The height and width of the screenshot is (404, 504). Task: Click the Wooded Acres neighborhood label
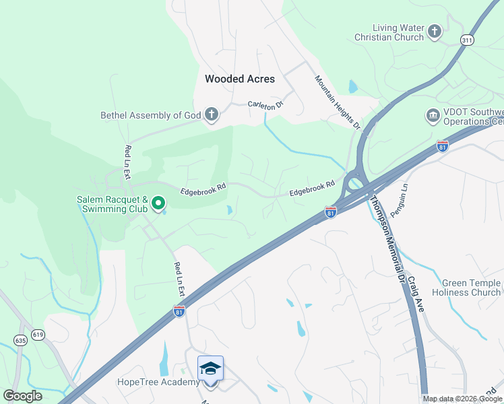pos(240,79)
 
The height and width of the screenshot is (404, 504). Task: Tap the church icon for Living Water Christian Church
pos(435,31)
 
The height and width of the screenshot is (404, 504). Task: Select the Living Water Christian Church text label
pos(389,32)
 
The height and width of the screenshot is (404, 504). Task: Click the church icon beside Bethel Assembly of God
pos(212,114)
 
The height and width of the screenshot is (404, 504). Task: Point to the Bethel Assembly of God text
pos(150,115)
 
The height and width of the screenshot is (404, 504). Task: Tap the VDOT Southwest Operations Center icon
pos(432,116)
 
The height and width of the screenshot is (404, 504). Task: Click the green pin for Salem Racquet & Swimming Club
pos(158,202)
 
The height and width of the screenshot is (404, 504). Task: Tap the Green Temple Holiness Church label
pos(471,288)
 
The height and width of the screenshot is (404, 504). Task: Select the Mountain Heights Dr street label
pos(338,102)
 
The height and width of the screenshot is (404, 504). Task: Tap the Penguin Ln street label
pos(405,195)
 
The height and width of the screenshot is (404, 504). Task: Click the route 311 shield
pos(466,40)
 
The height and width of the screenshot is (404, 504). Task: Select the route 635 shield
pos(21,341)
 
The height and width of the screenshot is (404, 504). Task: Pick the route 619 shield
pos(38,335)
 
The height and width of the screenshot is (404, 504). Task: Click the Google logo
pos(22,395)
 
